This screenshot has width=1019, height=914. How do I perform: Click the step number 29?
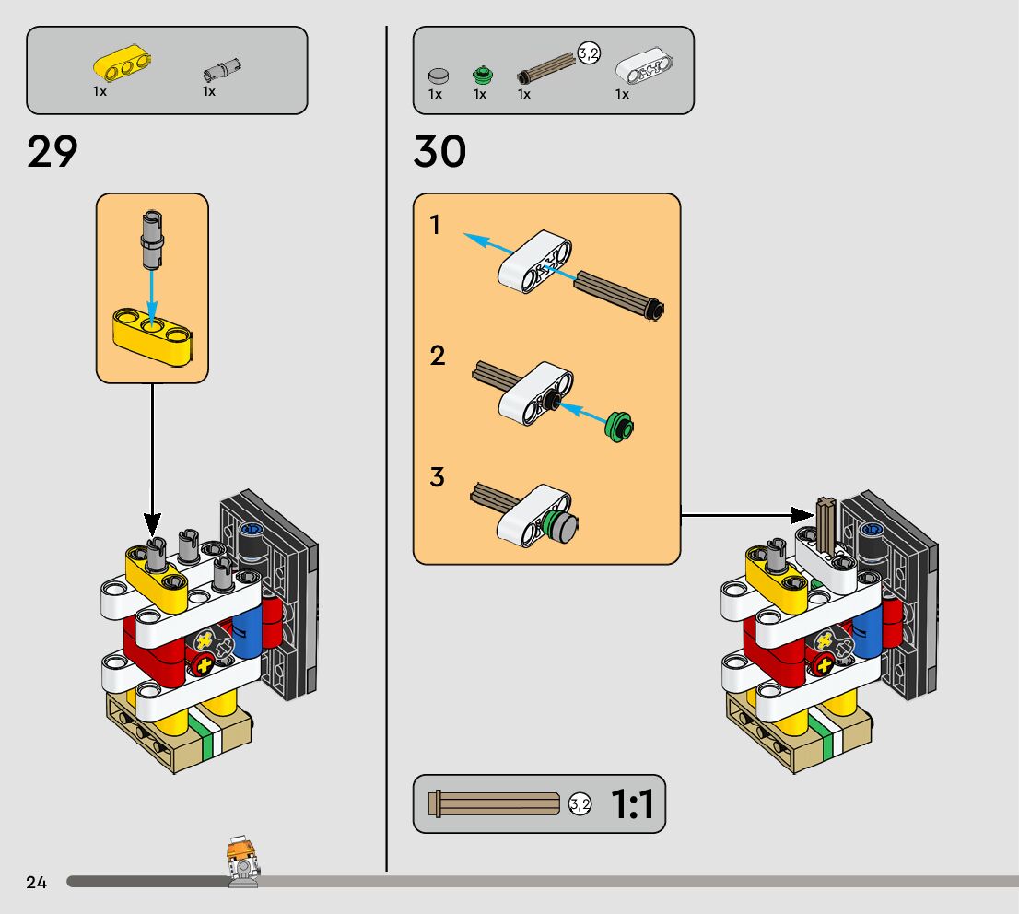[53, 152]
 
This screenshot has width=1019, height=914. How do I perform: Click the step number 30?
[439, 152]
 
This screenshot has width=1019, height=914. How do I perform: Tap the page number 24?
[36, 883]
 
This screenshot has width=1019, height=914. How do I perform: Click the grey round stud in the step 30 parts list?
[438, 75]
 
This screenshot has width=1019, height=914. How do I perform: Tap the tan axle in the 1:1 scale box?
[495, 804]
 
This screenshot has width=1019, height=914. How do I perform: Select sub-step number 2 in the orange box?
[438, 356]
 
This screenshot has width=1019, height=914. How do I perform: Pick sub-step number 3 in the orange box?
[438, 478]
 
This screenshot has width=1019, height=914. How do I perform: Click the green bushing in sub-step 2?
[621, 427]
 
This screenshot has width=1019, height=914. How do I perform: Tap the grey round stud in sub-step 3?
[568, 528]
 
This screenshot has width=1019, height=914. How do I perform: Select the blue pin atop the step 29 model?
[249, 530]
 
